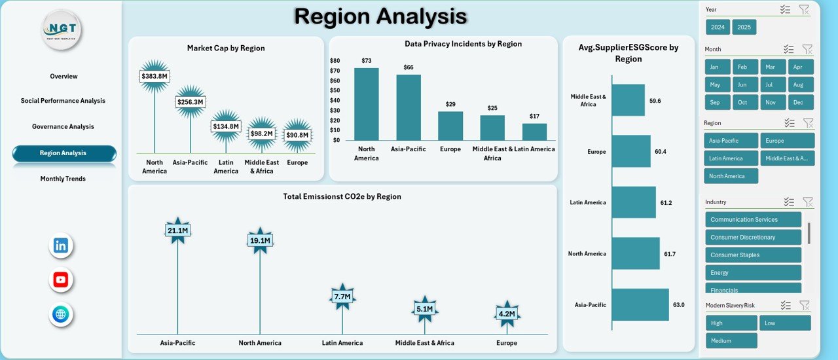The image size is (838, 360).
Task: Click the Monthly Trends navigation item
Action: point(63,179)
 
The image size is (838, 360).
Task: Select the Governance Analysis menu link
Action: point(63,127)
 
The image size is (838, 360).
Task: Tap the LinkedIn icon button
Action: point(61,246)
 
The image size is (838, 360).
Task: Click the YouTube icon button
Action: point(61,280)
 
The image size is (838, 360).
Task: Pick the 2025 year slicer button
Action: point(744,27)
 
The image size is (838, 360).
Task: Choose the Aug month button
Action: point(801,84)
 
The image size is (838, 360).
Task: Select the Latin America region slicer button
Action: point(731,158)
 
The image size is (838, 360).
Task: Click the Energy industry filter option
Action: point(753,273)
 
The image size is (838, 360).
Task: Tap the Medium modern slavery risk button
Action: point(731,340)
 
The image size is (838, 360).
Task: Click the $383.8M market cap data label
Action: point(155,77)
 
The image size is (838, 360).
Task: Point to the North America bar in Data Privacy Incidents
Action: point(367,104)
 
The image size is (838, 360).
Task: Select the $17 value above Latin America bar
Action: point(535,117)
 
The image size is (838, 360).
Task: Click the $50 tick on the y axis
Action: point(335,90)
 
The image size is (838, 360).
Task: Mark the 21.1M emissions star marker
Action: point(177,230)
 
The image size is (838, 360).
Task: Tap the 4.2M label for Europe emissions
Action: point(507,314)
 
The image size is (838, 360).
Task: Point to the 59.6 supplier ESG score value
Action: point(655,101)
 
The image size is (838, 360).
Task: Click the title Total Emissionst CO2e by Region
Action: point(342,196)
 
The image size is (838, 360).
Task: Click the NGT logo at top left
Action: point(62,30)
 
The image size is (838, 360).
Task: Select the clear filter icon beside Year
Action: point(804,10)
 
